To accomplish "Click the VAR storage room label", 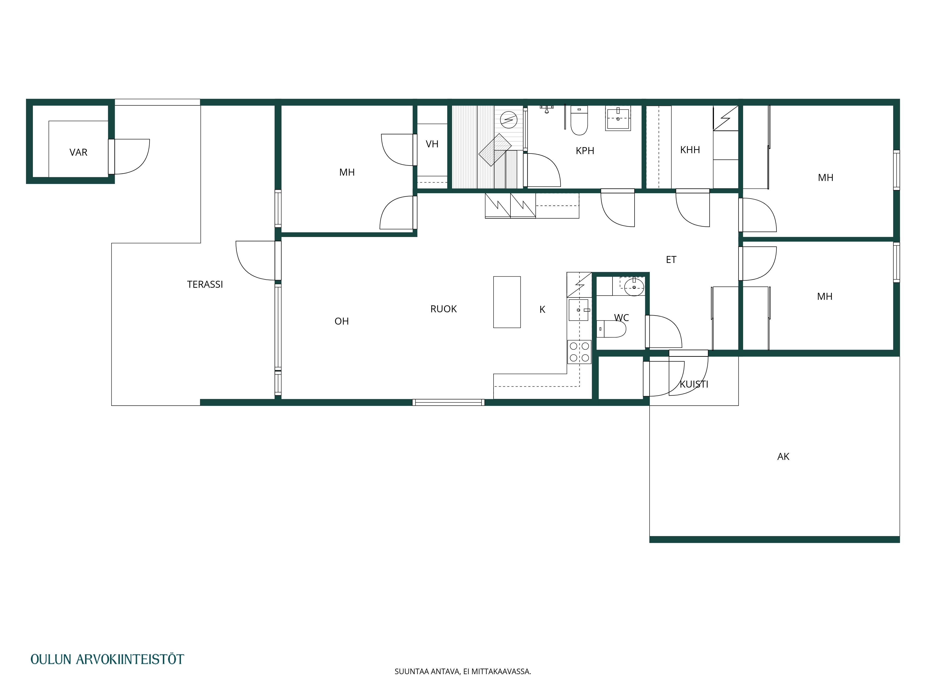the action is click(78, 152).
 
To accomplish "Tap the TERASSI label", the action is click(205, 284).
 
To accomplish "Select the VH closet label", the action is click(432, 144).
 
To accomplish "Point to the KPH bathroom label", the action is click(585, 151).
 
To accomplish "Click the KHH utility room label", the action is click(690, 150).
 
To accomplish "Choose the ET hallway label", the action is click(671, 260).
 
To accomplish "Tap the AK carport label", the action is click(783, 457).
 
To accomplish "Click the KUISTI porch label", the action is click(694, 384).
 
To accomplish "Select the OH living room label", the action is click(342, 321).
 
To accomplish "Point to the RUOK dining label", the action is click(443, 309).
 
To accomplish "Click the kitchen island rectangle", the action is click(507, 302).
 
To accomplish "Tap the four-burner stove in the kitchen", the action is click(579, 352).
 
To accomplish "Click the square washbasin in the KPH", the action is click(618, 119).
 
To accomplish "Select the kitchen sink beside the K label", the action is click(579, 310).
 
